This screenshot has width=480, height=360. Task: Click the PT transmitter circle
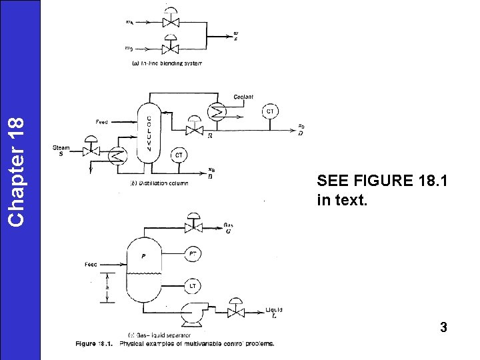[x=193, y=253]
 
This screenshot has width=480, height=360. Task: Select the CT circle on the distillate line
[x=270, y=111]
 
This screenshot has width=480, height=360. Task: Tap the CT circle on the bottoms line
[x=179, y=155]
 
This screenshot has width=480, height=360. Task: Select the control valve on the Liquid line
[x=235, y=311]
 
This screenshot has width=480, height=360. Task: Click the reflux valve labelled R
[x=194, y=129]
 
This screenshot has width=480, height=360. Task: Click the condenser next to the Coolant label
[x=217, y=112]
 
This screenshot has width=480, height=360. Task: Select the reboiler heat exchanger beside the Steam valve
[x=118, y=155]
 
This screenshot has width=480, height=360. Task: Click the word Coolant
[x=243, y=97]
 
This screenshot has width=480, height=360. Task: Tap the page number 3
[x=443, y=327]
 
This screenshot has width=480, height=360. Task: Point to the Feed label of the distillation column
[x=101, y=122]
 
